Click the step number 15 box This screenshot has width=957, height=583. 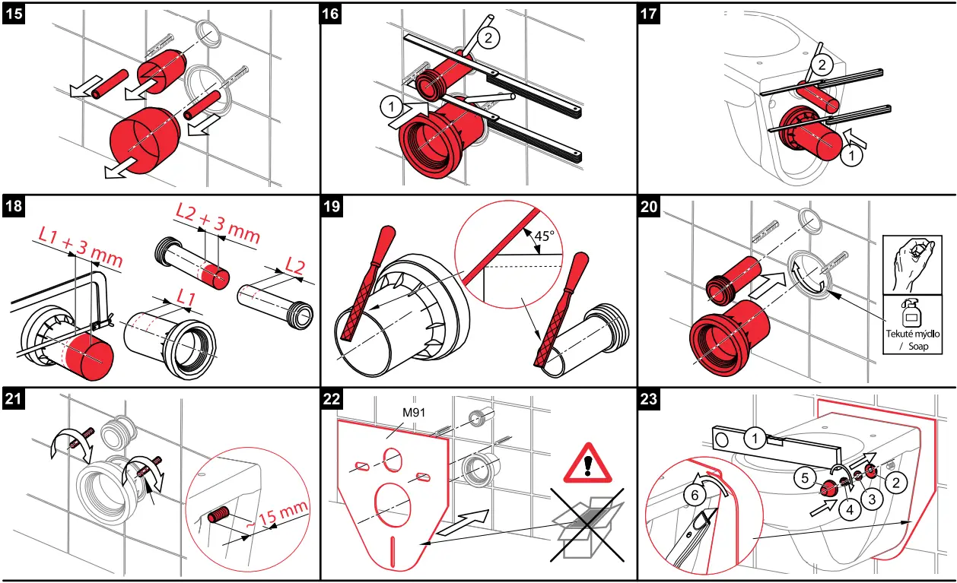[x=14, y=14]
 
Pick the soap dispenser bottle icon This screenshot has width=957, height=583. [x=911, y=313]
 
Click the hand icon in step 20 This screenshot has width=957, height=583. [x=911, y=259]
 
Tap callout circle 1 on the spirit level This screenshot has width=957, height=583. [x=754, y=438]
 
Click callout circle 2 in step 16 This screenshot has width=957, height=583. [x=490, y=36]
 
